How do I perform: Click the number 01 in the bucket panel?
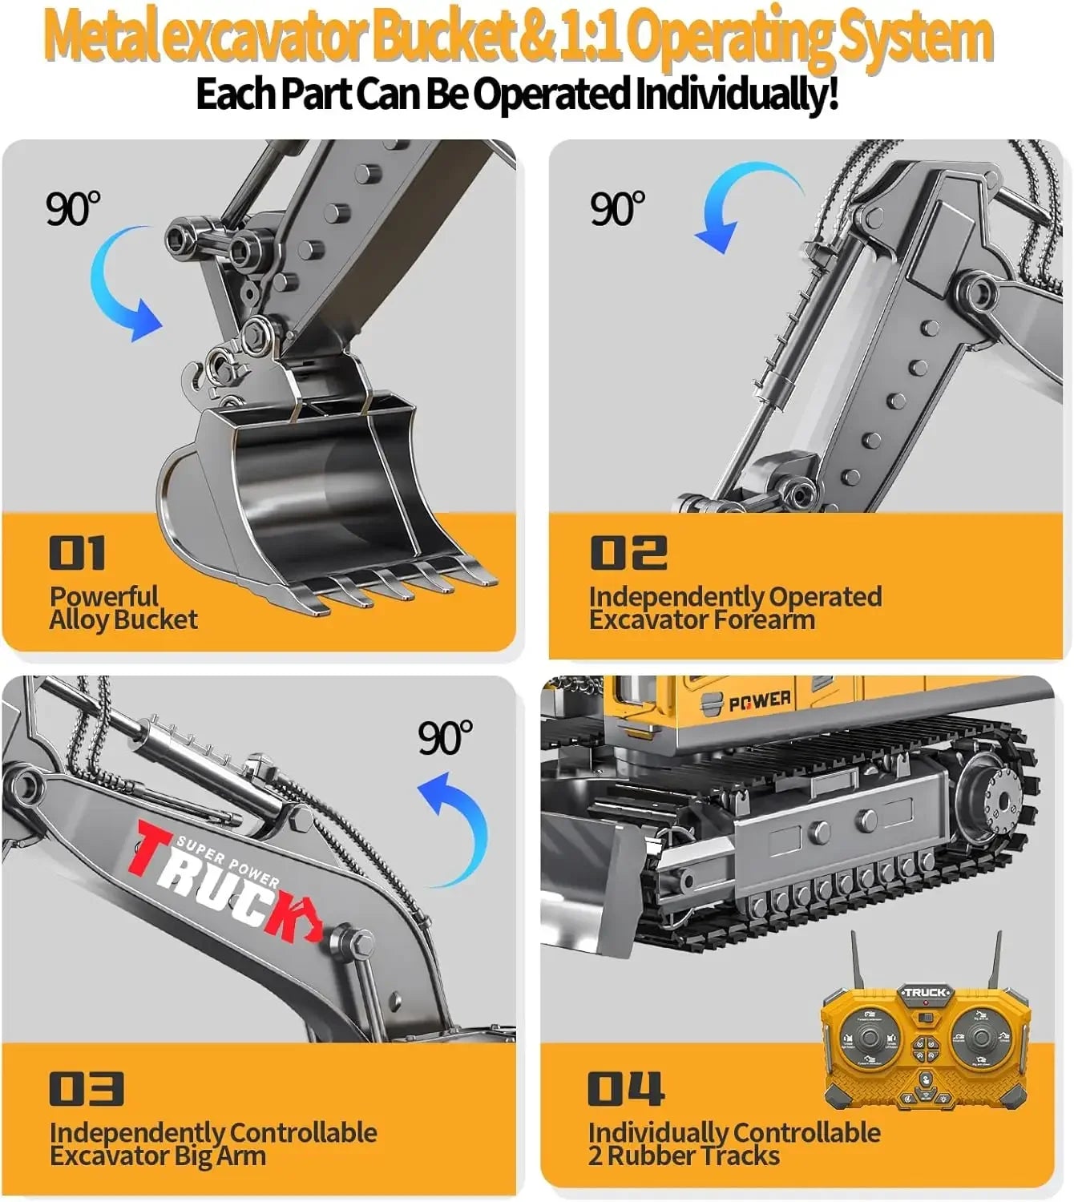pyautogui.click(x=77, y=554)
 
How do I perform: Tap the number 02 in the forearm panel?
pyautogui.click(x=628, y=554)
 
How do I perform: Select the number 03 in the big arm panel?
pyautogui.click(x=86, y=1089)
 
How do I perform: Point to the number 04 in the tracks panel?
pyautogui.click(x=625, y=1089)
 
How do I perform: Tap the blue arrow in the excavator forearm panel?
pyautogui.click(x=741, y=204)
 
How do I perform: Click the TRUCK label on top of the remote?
pyautogui.click(x=926, y=993)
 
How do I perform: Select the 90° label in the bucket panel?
pyautogui.click(x=73, y=209)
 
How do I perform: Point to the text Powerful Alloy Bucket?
pyautogui.click(x=123, y=607)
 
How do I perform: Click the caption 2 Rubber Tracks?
pyautogui.click(x=684, y=1156)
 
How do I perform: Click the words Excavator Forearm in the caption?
pyautogui.click(x=702, y=619)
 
